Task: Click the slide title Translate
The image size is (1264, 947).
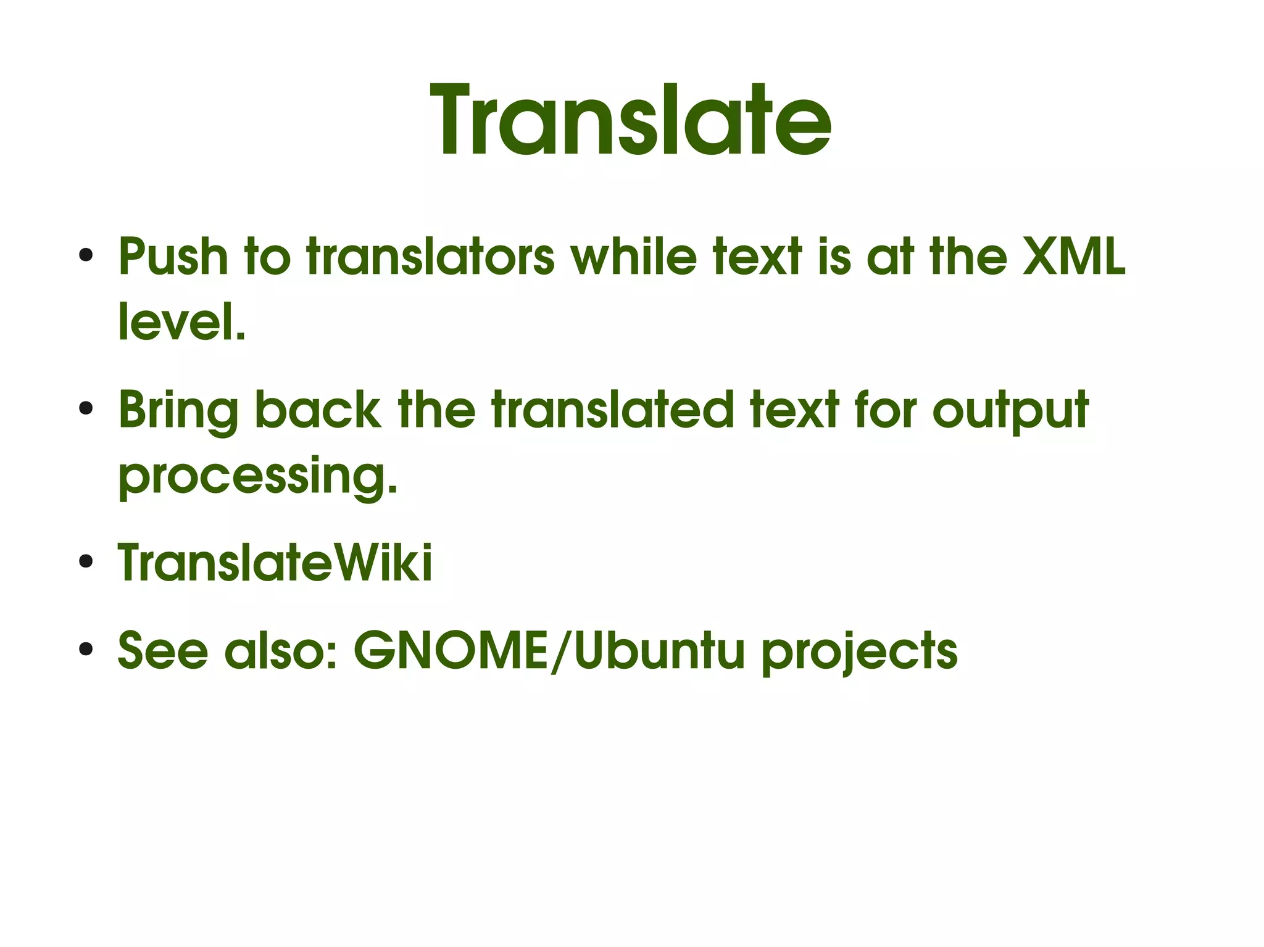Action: click(631, 120)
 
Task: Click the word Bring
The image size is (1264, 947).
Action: click(178, 411)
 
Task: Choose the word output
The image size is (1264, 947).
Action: click(1010, 411)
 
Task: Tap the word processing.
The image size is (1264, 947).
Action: click(258, 476)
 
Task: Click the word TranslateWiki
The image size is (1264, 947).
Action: click(275, 562)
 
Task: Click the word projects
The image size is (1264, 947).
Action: click(859, 652)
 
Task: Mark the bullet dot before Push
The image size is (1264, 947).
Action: click(86, 255)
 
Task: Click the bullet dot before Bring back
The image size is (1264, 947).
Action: click(86, 408)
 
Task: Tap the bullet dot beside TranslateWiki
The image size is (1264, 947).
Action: click(86, 561)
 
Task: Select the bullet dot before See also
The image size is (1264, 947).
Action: click(86, 650)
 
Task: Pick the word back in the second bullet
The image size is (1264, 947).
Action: click(318, 410)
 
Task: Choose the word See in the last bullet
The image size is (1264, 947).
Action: click(163, 651)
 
